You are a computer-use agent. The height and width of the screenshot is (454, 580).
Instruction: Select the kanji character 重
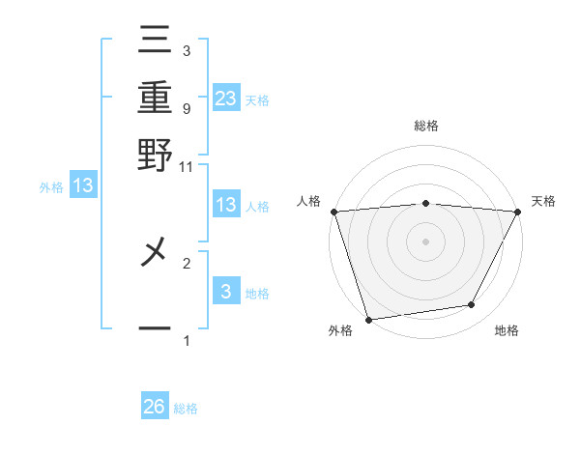pos(155,98)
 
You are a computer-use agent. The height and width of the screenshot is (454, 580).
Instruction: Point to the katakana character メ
pos(155,256)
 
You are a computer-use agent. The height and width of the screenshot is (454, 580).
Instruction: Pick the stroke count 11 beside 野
pos(187,165)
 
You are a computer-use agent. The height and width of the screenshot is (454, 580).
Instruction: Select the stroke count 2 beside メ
pos(187,262)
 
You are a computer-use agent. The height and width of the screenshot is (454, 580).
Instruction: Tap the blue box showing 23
pos(226,98)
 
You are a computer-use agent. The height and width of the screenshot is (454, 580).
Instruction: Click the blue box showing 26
pos(155,407)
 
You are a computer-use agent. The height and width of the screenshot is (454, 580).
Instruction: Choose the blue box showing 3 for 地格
pos(226,291)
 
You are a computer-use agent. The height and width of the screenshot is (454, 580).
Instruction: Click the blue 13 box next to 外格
pos(83,185)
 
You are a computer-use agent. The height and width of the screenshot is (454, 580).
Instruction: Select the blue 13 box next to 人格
pos(226,205)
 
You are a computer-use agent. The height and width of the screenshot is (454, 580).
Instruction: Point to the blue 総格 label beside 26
pos(186,409)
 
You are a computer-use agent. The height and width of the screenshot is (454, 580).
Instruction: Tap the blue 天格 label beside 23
pos(257,99)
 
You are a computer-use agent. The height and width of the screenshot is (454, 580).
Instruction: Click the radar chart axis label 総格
pos(425,126)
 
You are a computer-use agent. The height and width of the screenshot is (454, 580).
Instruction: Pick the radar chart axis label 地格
pos(507,331)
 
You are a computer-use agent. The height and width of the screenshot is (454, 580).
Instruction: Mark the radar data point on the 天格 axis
pos(518,212)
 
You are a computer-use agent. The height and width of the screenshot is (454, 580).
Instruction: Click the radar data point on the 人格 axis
pos(333,212)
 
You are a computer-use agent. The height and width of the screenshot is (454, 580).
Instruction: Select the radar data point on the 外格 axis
pos(368,318)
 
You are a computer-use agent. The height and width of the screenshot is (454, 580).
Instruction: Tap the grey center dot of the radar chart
pos(425,241)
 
